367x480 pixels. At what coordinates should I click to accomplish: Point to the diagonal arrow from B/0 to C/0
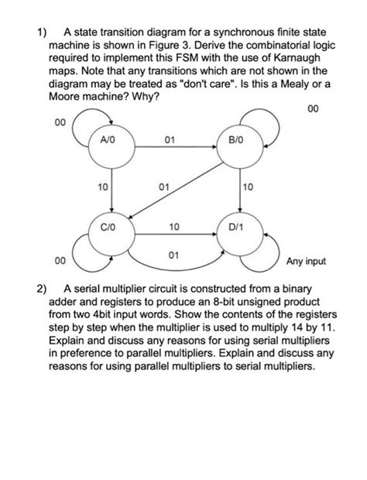[175, 191]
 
